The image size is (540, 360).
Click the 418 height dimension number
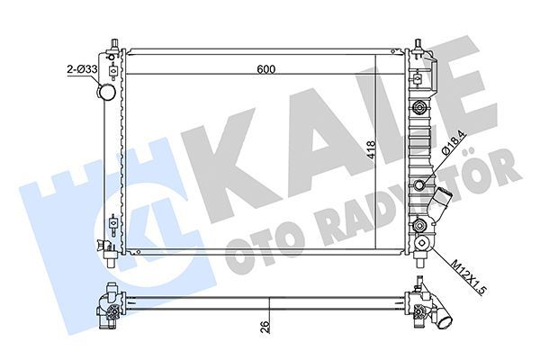tap(371, 151)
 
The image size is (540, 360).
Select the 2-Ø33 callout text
tap(82, 67)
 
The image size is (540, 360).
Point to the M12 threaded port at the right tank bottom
tap(418, 226)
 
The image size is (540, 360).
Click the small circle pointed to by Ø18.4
tap(418, 184)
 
